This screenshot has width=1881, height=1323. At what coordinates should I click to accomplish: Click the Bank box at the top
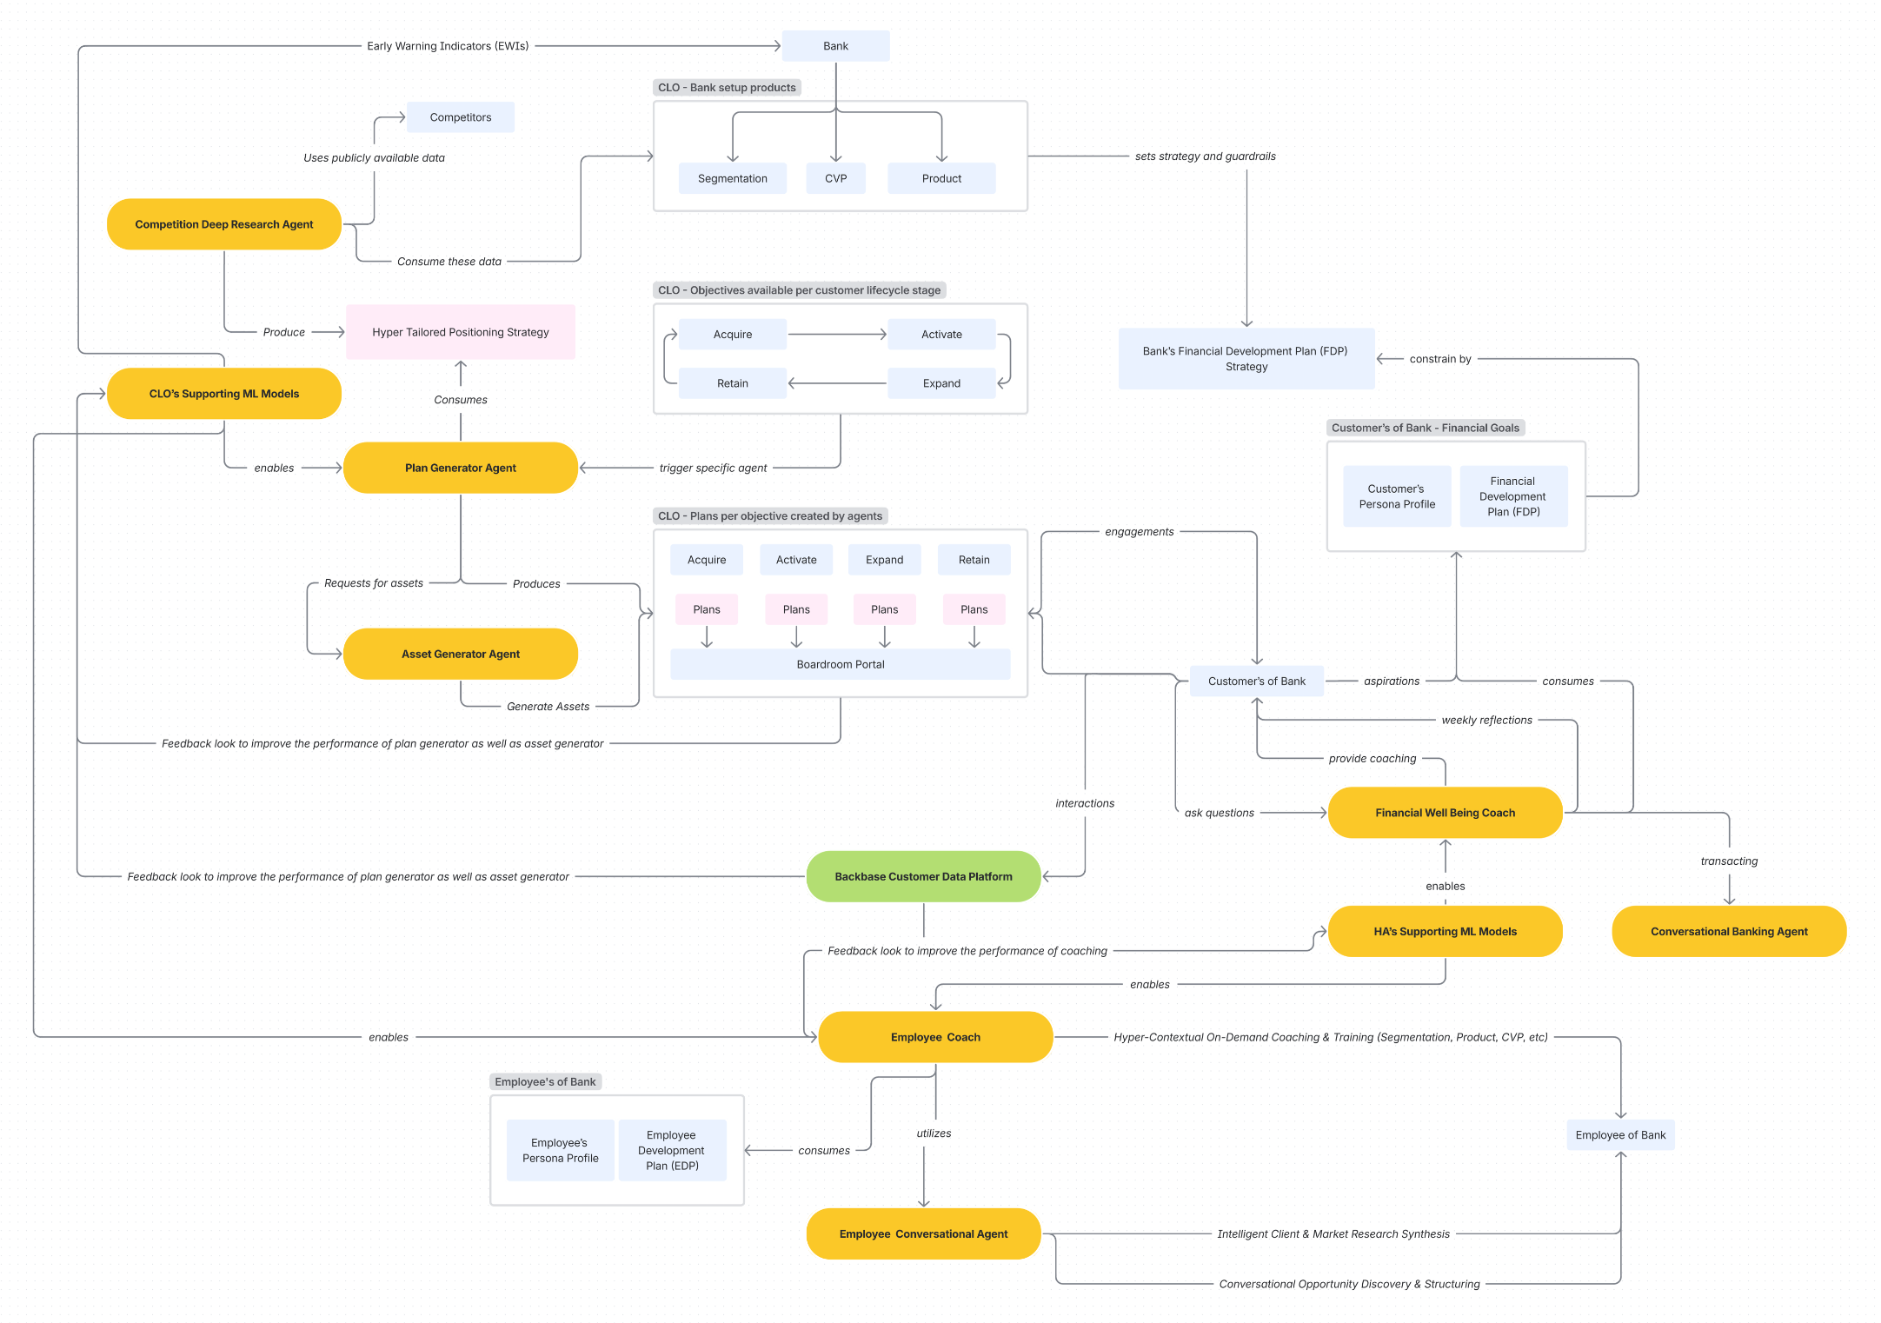[835, 46]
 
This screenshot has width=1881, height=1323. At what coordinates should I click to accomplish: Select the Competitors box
[460, 117]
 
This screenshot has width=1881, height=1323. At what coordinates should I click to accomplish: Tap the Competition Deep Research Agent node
[223, 224]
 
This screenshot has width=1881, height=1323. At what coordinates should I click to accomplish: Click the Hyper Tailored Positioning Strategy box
[460, 332]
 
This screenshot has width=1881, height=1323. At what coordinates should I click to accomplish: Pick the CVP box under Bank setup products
[835, 178]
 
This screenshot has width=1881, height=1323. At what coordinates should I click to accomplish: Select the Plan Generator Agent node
[460, 468]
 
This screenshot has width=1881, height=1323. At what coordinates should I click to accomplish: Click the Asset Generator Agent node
[460, 654]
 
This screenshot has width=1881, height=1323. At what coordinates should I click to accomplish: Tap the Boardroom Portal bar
[840, 664]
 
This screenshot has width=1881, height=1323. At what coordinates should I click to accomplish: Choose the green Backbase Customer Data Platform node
[923, 876]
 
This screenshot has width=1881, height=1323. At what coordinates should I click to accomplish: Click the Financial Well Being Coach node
[1445, 813]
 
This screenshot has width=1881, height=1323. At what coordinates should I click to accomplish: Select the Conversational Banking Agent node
[1728, 931]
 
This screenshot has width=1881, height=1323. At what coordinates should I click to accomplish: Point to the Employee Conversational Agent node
[923, 1233]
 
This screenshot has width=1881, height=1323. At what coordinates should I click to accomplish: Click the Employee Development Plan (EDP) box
[671, 1150]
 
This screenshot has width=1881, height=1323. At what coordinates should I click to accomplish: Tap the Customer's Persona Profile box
[1397, 496]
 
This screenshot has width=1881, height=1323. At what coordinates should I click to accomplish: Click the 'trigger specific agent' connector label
[713, 468]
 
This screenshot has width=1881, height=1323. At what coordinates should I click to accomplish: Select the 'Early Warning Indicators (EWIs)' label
[448, 46]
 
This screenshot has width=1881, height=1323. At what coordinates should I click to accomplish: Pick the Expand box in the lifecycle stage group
[941, 383]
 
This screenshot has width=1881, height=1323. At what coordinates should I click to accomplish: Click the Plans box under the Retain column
[974, 609]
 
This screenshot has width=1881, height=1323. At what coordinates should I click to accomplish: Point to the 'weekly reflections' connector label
[1486, 720]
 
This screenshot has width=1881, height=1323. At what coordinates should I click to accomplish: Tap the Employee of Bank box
[1620, 1135]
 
